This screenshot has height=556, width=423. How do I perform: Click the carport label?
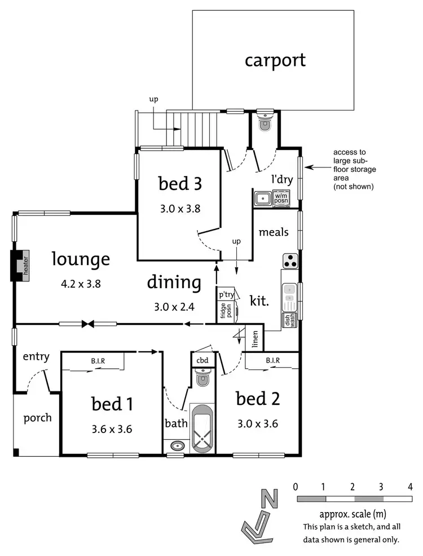[x=275, y=60]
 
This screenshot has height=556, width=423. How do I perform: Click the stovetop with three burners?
[x=290, y=261]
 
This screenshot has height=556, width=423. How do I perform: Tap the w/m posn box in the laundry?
[x=281, y=198]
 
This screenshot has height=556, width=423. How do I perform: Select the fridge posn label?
[x=223, y=312]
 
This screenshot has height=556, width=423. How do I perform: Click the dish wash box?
[x=289, y=320]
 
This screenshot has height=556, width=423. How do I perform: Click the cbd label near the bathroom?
[x=202, y=360]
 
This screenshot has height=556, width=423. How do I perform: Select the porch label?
[x=38, y=418]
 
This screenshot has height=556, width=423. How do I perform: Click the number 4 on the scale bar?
[x=411, y=486]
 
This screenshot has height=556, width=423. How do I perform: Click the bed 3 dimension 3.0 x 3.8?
[x=180, y=208]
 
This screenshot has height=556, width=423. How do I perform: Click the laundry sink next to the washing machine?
[x=262, y=198]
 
